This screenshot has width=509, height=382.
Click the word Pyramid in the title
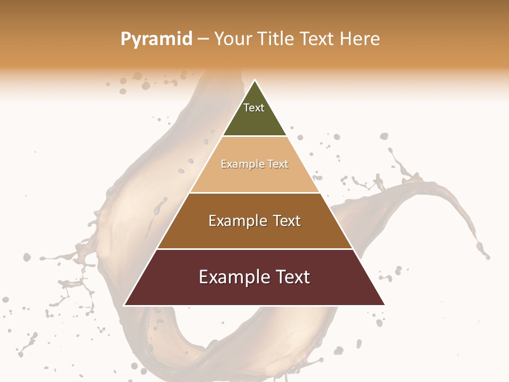(x=156, y=39)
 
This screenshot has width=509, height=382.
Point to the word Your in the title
(x=232, y=39)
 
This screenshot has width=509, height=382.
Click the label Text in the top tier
(x=254, y=108)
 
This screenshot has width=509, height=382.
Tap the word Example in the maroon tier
(x=234, y=277)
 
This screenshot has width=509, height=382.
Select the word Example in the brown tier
(x=238, y=221)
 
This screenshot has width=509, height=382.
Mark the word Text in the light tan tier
(x=278, y=164)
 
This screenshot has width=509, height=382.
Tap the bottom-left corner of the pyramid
(x=125, y=305)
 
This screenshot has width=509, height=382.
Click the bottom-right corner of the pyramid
(x=384, y=305)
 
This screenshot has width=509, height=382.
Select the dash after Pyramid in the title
(x=203, y=39)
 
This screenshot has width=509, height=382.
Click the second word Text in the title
(x=318, y=39)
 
